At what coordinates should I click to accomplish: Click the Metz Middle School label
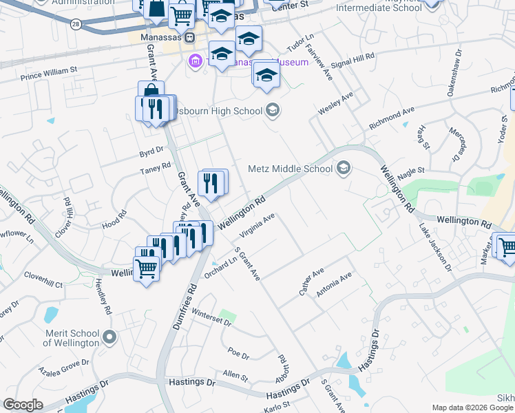point(290,169)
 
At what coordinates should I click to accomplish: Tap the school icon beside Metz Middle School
point(343,168)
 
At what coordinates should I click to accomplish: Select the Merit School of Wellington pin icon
point(109,337)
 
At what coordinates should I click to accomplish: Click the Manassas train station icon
point(189,37)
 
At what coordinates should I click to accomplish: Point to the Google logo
point(23,405)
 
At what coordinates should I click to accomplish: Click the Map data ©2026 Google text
point(472,407)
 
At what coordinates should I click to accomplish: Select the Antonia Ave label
point(334,284)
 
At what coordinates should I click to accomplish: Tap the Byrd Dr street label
point(151,149)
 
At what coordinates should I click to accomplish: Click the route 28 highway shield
point(75,24)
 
